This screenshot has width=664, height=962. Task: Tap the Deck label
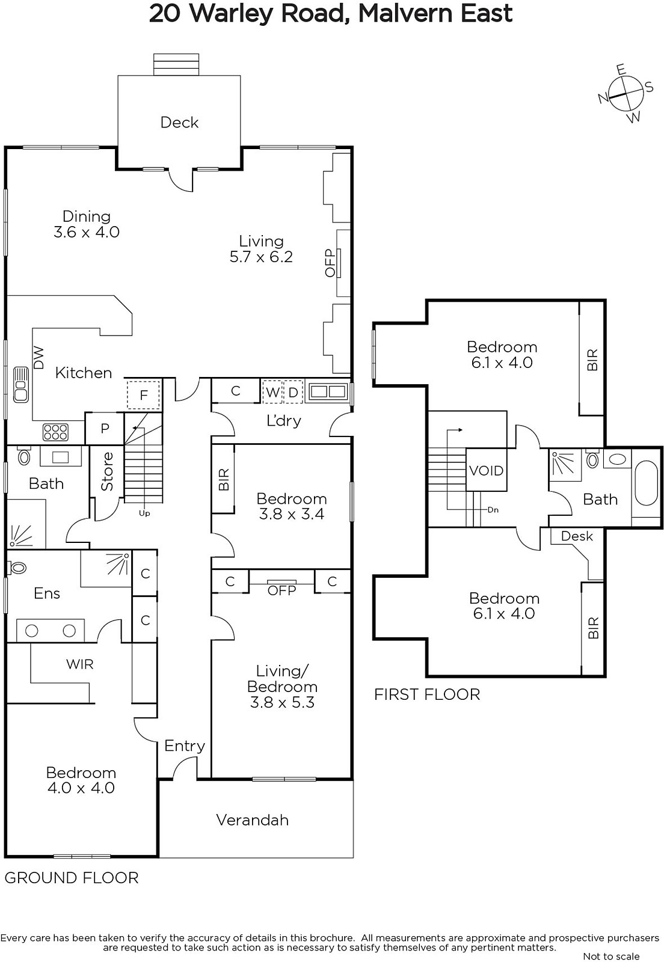pyautogui.click(x=179, y=123)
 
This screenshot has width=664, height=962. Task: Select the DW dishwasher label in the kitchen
pyautogui.click(x=38, y=358)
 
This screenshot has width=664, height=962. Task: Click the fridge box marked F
pyautogui.click(x=144, y=394)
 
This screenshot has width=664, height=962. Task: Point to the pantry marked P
pyautogui.click(x=105, y=428)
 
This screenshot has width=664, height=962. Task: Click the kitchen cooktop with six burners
pyautogui.click(x=55, y=432)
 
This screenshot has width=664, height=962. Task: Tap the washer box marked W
pyautogui.click(x=272, y=391)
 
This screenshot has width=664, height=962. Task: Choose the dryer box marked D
pyautogui.click(x=294, y=391)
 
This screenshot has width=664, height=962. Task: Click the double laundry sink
pyautogui.click(x=328, y=391)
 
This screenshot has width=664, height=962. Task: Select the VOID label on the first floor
pyautogui.click(x=486, y=471)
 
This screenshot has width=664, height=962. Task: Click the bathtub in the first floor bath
pyautogui.click(x=646, y=483)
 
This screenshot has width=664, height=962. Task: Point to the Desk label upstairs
pyautogui.click(x=577, y=536)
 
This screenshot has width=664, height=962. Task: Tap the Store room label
pyautogui.click(x=107, y=471)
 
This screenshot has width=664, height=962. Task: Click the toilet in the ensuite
pyautogui.click(x=16, y=568)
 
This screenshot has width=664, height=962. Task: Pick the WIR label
pyautogui.click(x=79, y=664)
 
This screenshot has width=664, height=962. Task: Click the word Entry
pyautogui.click(x=185, y=746)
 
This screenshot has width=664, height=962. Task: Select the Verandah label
pyautogui.click(x=253, y=820)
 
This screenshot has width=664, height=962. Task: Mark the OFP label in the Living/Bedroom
pyautogui.click(x=281, y=590)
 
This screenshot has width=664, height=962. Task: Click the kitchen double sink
pyautogui.click(x=20, y=384)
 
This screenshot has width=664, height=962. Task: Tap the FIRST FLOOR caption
pyautogui.click(x=427, y=694)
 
